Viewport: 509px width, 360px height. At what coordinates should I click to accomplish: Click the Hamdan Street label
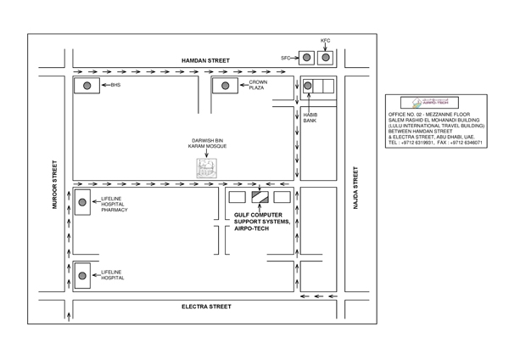205,61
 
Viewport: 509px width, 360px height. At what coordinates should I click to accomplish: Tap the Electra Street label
206,306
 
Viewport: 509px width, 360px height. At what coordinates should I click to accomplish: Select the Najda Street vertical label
356,189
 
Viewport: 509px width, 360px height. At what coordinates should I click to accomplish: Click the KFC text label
325,41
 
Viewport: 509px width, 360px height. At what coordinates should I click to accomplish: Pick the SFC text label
285,58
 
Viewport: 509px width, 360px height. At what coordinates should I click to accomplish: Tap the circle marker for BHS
87,86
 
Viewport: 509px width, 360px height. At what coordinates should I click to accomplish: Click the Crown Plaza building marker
225,86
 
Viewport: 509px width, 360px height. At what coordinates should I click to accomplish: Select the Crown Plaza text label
258,85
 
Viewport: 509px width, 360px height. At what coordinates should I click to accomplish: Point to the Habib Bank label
310,118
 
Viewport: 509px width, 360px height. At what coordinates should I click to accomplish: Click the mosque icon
207,167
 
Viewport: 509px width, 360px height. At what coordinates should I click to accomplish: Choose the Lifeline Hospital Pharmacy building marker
82,202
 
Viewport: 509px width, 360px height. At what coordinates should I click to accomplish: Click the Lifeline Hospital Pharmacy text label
114,204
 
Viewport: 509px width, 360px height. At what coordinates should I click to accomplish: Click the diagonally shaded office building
259,198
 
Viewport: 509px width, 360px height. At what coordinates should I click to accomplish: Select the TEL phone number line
435,143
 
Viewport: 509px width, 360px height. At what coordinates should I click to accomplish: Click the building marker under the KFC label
325,58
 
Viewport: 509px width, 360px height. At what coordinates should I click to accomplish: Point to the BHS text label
115,86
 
